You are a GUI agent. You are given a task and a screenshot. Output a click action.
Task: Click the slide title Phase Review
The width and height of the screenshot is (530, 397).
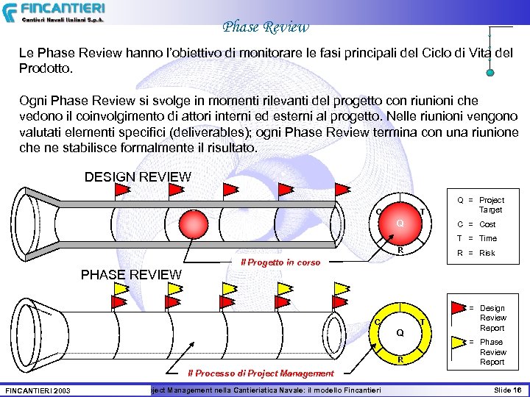(x=266, y=27)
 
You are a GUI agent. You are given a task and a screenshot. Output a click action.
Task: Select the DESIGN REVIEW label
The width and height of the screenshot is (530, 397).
(x=138, y=177)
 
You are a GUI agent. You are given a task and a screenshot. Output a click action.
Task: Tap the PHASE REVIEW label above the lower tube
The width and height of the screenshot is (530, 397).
(x=130, y=275)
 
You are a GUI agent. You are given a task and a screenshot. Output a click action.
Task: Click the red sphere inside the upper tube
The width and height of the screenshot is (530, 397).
(x=191, y=223)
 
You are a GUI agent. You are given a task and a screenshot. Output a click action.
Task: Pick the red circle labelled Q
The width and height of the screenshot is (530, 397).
(x=399, y=223)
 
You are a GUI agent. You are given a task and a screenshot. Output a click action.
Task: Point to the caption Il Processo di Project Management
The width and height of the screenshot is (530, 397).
(x=261, y=373)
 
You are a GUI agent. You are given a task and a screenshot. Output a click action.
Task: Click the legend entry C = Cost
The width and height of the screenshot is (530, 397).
(x=476, y=224)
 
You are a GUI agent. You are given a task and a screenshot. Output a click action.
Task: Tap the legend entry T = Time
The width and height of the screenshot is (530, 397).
(x=477, y=238)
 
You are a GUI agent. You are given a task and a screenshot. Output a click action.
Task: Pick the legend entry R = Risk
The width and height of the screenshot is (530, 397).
(x=476, y=253)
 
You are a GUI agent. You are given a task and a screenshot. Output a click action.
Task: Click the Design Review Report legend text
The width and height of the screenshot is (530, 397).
(x=492, y=318)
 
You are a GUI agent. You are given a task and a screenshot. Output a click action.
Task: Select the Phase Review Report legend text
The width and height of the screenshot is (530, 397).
(x=492, y=351)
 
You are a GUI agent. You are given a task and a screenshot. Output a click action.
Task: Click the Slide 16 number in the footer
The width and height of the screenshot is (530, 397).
(x=507, y=389)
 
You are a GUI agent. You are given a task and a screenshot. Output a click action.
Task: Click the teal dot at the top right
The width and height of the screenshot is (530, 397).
(x=490, y=73)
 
